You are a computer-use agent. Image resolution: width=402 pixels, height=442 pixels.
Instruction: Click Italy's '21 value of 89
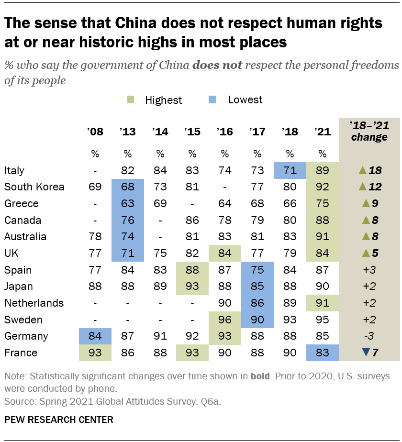322,171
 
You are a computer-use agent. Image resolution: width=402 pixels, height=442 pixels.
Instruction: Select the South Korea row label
34,187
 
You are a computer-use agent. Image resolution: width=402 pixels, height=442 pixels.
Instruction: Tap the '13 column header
127,132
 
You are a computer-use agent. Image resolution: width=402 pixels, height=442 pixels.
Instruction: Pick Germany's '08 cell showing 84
95,336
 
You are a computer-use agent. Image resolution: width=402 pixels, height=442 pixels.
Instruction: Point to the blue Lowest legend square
214,100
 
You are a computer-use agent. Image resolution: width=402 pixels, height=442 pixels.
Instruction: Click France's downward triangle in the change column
352,353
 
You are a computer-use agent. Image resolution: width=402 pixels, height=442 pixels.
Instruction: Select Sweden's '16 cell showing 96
224,320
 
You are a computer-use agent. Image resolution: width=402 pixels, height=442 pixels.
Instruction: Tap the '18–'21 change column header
368,132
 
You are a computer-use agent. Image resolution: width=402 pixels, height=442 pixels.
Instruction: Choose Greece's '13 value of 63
127,204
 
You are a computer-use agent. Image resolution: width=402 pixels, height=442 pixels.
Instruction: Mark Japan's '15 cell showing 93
192,287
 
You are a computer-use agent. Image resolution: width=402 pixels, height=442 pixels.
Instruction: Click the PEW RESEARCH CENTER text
58,420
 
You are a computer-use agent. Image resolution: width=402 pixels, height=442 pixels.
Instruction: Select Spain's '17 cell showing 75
257,270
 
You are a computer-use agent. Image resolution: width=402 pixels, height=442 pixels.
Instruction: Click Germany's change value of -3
368,336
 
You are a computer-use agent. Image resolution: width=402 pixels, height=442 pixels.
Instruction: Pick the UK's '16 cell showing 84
224,254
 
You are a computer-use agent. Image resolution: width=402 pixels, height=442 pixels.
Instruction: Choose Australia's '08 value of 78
95,237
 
